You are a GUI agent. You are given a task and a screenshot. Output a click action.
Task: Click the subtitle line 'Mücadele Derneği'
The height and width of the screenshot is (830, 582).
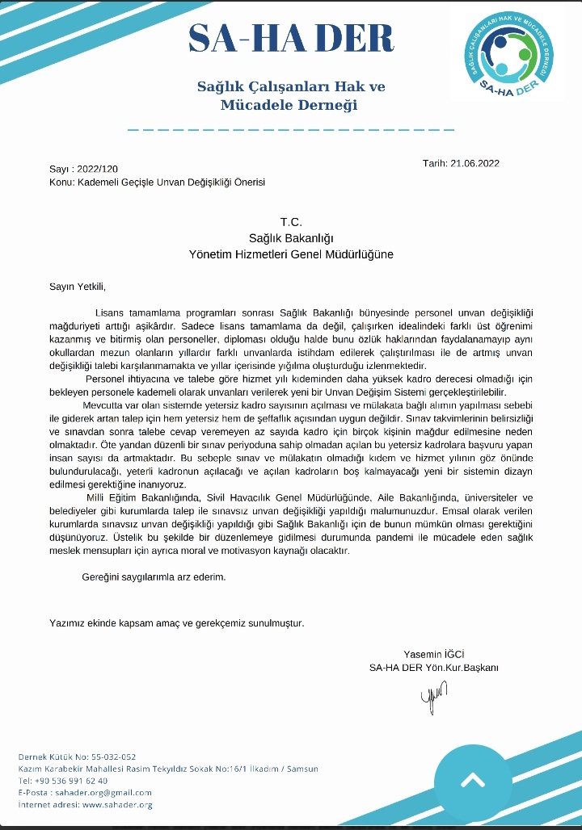pos(289,105)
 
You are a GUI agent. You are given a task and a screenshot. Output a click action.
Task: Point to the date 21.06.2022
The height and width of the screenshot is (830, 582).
pos(475,163)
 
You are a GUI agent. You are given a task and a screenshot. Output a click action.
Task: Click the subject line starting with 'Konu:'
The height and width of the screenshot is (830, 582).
pos(157,182)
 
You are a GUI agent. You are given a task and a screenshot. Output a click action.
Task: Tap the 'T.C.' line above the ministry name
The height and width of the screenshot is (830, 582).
pos(291,222)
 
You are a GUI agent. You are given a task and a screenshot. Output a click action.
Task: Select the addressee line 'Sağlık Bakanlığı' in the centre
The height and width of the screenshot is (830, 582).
pos(291,237)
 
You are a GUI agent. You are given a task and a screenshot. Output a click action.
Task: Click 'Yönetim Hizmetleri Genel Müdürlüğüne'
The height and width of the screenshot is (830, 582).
pos(291,254)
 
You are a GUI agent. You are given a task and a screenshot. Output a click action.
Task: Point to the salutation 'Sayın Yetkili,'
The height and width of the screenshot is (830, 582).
pos(78,286)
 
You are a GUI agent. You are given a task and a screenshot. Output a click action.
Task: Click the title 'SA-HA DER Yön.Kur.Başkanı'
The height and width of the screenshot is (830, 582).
pos(434,668)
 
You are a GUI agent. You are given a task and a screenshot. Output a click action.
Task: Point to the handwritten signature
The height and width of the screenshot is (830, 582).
pos(432,694)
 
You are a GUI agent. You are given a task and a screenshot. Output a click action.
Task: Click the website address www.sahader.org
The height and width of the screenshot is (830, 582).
pos(117,805)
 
